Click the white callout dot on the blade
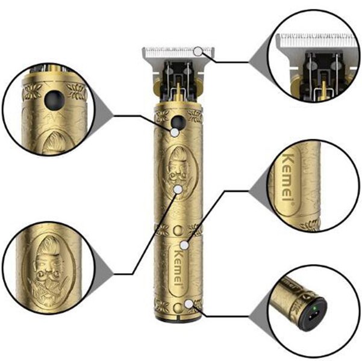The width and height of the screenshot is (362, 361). tap(198, 51)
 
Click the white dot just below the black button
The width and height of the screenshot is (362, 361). tap(174, 131)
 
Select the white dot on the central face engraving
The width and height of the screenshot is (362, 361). tap(178, 188)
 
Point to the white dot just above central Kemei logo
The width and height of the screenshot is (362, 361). tap(184, 244)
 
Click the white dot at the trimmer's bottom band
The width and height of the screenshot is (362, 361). tap(190, 303)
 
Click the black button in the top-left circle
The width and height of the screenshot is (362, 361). tap(55, 98)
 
